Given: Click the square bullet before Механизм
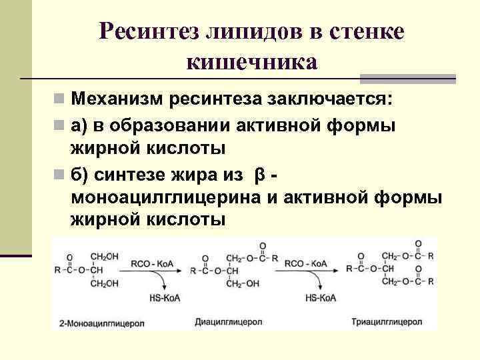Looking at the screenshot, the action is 60,101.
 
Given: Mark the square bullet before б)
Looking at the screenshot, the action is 60,175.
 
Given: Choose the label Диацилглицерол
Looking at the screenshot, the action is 225,322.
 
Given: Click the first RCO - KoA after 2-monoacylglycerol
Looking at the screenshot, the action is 153,263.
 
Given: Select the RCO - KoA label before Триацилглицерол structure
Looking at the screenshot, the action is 305,263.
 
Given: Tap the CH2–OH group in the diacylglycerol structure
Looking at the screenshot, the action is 241,284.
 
